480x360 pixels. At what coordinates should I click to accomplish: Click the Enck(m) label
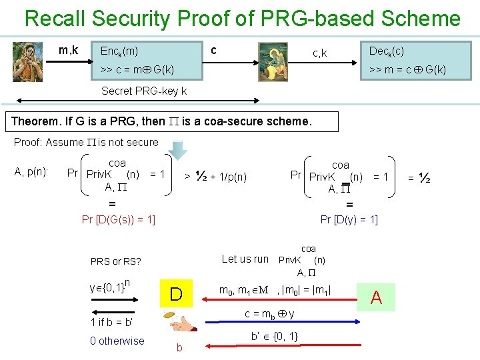(x=119, y=51)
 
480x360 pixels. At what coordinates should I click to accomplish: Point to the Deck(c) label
(x=386, y=51)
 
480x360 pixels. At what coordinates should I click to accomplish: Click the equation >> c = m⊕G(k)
(x=137, y=69)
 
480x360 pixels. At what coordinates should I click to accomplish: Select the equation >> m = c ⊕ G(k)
(x=403, y=69)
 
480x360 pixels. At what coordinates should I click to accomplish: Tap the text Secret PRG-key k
(x=143, y=91)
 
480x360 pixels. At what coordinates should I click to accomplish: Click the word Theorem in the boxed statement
(x=36, y=121)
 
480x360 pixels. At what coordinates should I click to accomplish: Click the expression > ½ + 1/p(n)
(x=215, y=177)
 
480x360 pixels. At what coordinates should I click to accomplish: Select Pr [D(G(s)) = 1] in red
(x=118, y=219)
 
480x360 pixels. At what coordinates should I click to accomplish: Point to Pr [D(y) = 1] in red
(x=349, y=219)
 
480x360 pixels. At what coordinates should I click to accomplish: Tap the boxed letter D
(x=176, y=294)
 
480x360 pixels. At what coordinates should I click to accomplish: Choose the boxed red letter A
(x=376, y=297)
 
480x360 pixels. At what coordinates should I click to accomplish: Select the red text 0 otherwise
(x=117, y=341)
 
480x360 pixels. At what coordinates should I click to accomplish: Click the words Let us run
(x=245, y=259)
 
